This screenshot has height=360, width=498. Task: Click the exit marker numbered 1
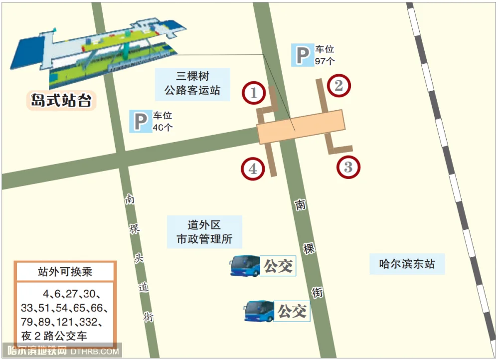[254, 93]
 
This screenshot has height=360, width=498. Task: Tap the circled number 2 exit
[339, 86]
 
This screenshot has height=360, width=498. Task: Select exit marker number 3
[348, 167]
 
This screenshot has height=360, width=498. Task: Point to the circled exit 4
[253, 169]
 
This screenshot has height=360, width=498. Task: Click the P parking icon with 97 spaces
[302, 55]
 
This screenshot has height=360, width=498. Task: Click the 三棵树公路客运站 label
[192, 84]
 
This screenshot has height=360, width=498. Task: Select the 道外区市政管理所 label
[204, 232]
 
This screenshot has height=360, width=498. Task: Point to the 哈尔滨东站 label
[407, 263]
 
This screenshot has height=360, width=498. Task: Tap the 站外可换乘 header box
[65, 272]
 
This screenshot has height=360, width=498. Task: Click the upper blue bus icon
[245, 266]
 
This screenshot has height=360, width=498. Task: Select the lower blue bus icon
[259, 311]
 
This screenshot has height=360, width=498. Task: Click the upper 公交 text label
[278, 266]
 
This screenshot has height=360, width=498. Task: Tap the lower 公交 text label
[292, 311]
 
